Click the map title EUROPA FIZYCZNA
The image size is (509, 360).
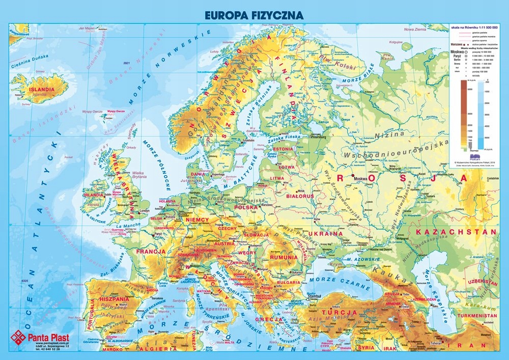(x=254, y=15)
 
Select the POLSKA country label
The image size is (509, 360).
(x=246, y=207)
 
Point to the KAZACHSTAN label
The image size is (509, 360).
(x=456, y=232)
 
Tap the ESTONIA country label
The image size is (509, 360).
(x=283, y=149)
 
